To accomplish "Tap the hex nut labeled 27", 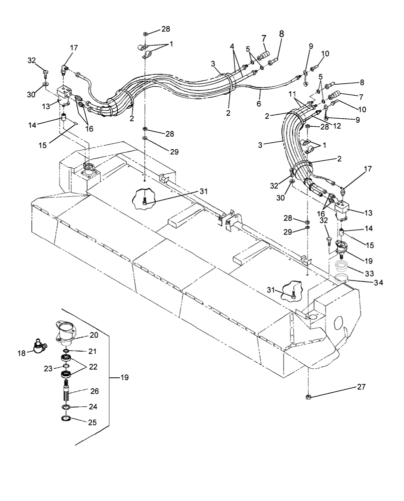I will coord(308,397).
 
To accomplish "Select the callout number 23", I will coord(48,368).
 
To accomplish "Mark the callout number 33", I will coord(369,274).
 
